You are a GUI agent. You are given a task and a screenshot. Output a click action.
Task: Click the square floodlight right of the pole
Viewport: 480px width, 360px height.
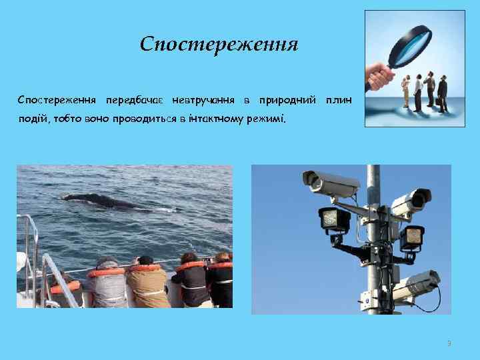coord(412,235)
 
